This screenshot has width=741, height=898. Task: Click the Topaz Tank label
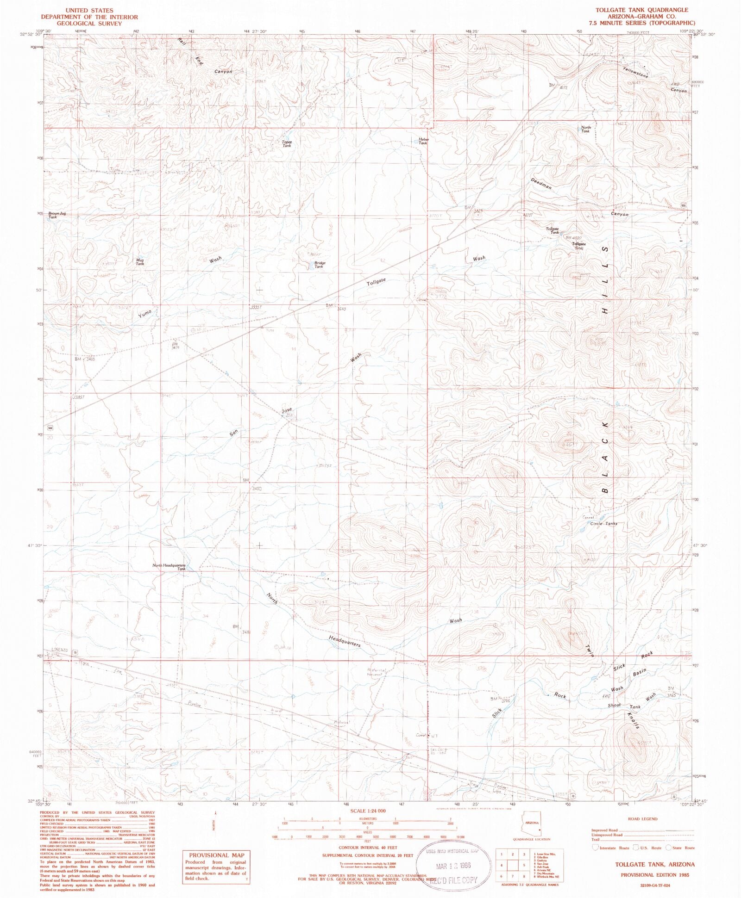coord(287,143)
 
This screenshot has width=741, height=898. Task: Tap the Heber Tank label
coord(423,141)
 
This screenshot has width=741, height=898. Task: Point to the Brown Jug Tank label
coord(57,215)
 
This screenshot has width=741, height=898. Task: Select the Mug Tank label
coord(140,262)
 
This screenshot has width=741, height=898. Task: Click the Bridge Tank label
coord(320,265)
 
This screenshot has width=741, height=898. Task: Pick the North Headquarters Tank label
coord(170,567)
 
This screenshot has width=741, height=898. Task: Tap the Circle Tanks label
coord(603,524)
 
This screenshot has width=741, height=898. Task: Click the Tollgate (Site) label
coord(579,246)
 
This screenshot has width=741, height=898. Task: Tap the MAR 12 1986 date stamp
coord(453,866)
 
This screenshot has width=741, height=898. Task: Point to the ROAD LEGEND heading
coord(642,819)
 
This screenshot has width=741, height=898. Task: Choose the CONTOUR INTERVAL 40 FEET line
coord(368,848)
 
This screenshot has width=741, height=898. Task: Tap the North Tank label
coord(586,129)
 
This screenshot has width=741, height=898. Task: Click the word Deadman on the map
coord(541,183)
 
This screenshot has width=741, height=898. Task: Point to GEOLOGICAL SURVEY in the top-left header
coord(89,23)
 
